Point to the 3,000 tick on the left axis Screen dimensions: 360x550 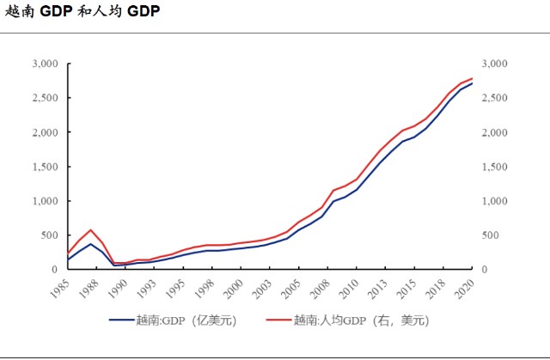click(45, 64)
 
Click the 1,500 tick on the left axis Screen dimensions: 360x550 click(45, 167)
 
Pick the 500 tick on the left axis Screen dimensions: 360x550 click(48, 235)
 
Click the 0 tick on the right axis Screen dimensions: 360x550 click(486, 270)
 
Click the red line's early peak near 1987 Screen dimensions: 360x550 click(90, 230)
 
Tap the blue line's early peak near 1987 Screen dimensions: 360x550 click(90, 244)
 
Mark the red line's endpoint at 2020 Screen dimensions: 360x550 click(473, 79)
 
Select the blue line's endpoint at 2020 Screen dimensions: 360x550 click(473, 83)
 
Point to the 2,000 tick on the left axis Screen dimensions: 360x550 click(45, 133)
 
